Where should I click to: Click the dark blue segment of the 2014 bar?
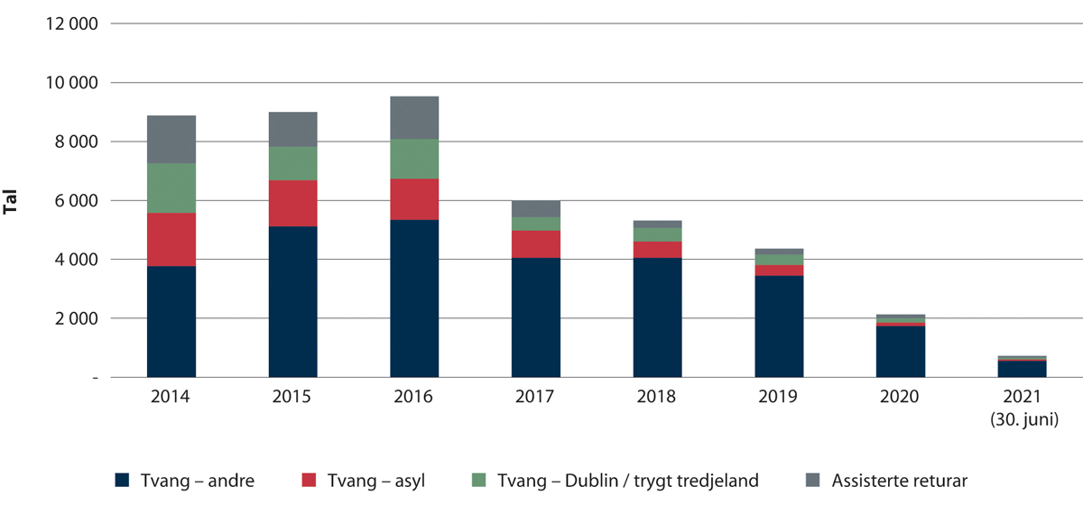pos(171,321)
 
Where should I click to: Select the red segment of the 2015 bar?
pos(292,203)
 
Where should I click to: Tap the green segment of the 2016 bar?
pos(414,159)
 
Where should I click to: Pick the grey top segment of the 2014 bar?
pos(171,139)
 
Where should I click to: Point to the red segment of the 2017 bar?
pos(535,244)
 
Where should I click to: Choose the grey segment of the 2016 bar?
pos(414,117)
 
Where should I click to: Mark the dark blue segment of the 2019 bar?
pos(779,326)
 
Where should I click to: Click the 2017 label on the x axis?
pos(535,397)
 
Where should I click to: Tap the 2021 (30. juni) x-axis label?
pos(1022,406)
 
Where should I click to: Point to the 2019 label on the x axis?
pos(779,397)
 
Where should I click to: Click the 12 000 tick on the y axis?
pos(70,24)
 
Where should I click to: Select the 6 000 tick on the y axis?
pos(74,201)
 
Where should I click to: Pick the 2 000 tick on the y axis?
pos(74,319)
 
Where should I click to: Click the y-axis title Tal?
pos(12,201)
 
